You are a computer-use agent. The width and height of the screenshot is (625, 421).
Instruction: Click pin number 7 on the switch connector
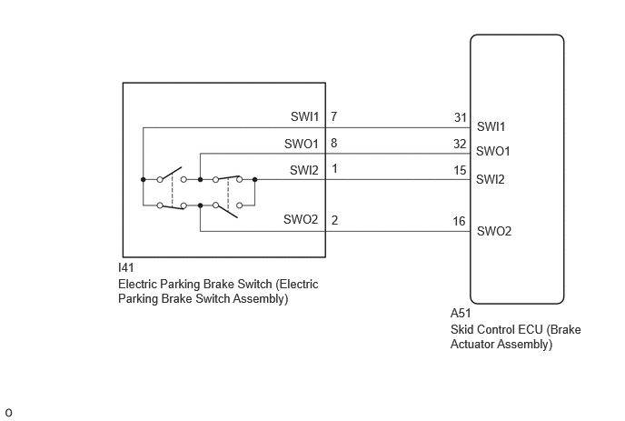[x=334, y=116]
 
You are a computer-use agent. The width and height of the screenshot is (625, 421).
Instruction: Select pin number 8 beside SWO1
[x=334, y=143]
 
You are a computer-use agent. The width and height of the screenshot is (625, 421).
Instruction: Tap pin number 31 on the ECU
[x=461, y=117]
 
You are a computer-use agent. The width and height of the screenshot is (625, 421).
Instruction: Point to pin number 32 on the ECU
[x=460, y=144]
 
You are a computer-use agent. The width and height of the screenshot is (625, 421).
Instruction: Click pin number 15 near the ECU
[x=460, y=170]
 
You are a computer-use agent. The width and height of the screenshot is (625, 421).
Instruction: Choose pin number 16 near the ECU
[x=459, y=221]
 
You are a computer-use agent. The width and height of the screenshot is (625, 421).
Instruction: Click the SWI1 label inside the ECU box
[x=491, y=126]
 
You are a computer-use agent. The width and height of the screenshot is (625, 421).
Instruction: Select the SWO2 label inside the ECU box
[x=494, y=231]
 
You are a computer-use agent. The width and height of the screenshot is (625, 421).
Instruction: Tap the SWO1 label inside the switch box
[x=302, y=144]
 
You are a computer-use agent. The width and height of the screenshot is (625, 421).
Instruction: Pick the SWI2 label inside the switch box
[x=304, y=170]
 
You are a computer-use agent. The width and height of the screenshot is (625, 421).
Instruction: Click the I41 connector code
[x=126, y=267]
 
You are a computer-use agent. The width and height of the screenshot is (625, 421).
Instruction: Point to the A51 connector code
[x=461, y=313]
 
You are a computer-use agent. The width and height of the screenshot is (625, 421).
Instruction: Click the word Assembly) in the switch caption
[x=261, y=299]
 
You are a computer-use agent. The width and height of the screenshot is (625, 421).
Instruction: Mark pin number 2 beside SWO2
[x=334, y=220]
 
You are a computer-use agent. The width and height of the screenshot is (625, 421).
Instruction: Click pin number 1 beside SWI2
[x=334, y=169]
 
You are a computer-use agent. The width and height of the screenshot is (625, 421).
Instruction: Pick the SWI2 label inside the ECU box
[x=491, y=179]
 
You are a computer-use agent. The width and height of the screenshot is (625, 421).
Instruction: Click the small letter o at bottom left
[x=9, y=413]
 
